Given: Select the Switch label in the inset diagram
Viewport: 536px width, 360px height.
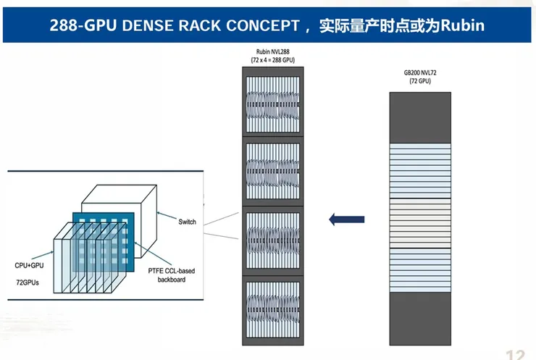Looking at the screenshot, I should pos(187,222).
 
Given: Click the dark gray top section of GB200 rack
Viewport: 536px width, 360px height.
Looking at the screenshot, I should pos(419,117).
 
